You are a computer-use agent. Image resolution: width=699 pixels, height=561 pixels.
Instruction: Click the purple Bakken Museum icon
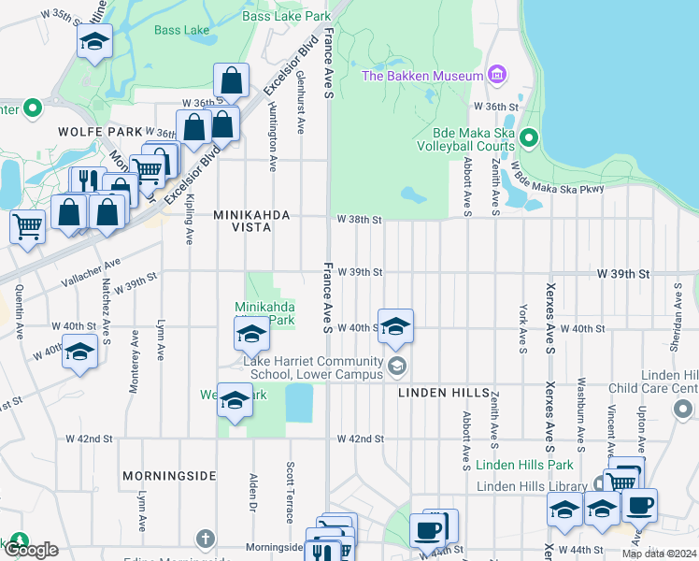click(x=496, y=75)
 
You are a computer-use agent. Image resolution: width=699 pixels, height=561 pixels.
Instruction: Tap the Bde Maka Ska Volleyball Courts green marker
click(x=528, y=139)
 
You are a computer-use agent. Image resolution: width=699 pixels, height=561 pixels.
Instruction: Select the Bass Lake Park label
click(x=286, y=16)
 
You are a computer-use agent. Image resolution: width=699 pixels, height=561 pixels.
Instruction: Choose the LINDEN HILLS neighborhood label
click(x=445, y=393)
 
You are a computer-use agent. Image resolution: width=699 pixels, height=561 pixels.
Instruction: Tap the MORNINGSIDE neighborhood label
click(x=168, y=476)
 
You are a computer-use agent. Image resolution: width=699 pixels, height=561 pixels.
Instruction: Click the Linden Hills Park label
click(x=523, y=465)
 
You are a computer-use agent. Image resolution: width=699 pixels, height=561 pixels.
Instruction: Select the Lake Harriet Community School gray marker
click(x=397, y=365)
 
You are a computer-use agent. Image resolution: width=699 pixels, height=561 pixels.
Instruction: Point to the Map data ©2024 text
click(x=659, y=554)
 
